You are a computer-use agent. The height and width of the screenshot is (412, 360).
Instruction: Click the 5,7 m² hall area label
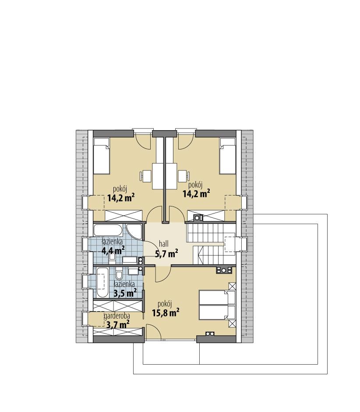click(166, 253)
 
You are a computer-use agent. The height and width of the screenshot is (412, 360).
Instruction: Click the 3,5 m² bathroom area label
click(124, 293)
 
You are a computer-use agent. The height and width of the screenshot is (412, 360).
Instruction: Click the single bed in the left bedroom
click(102, 156)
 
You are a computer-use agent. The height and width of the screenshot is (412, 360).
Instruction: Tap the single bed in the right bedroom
click(227, 156)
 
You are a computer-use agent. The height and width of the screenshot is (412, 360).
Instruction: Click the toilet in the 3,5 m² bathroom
click(119, 275)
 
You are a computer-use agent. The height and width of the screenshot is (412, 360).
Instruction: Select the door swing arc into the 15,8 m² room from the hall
click(163, 275)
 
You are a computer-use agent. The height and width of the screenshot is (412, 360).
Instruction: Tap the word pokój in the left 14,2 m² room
click(120, 188)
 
